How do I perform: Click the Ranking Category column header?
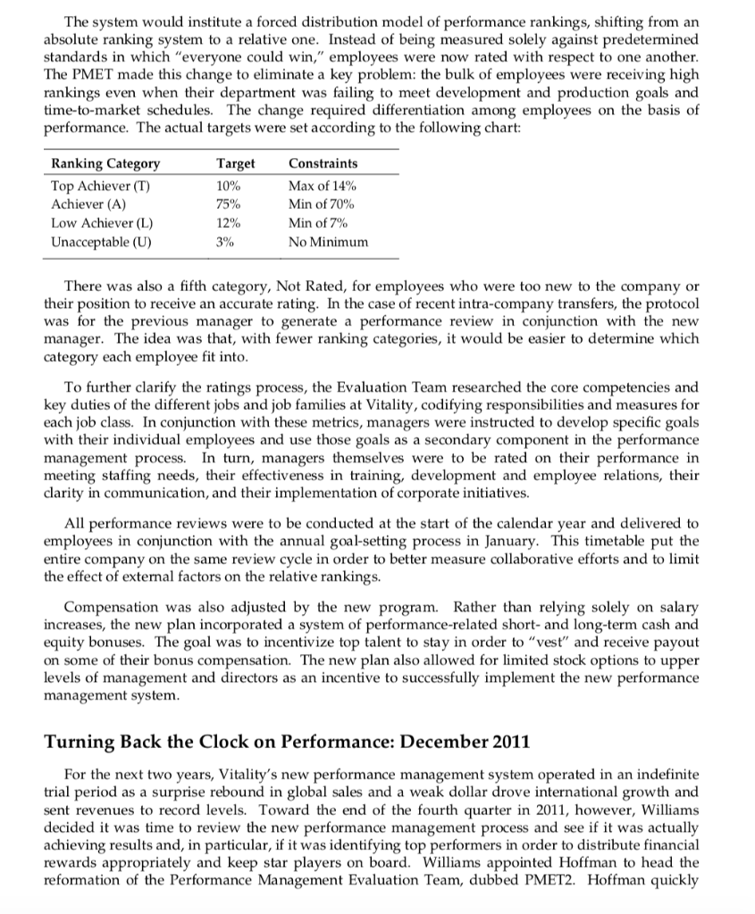106,163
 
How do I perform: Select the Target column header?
236,163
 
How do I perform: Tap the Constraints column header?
323,163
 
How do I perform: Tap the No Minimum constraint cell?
328,242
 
